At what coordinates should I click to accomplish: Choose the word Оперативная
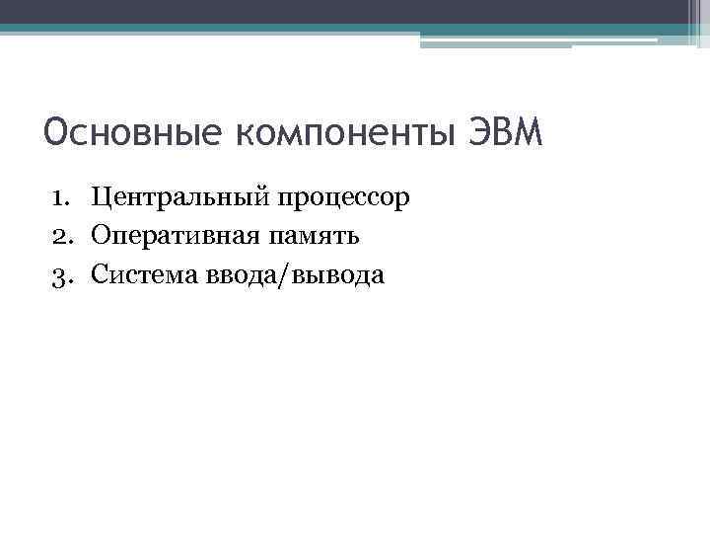(x=175, y=238)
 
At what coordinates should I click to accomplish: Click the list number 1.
(x=58, y=199)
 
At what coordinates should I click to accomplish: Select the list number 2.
(x=58, y=238)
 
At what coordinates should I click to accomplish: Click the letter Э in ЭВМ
(x=474, y=132)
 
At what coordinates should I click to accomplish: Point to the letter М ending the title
(x=531, y=132)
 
